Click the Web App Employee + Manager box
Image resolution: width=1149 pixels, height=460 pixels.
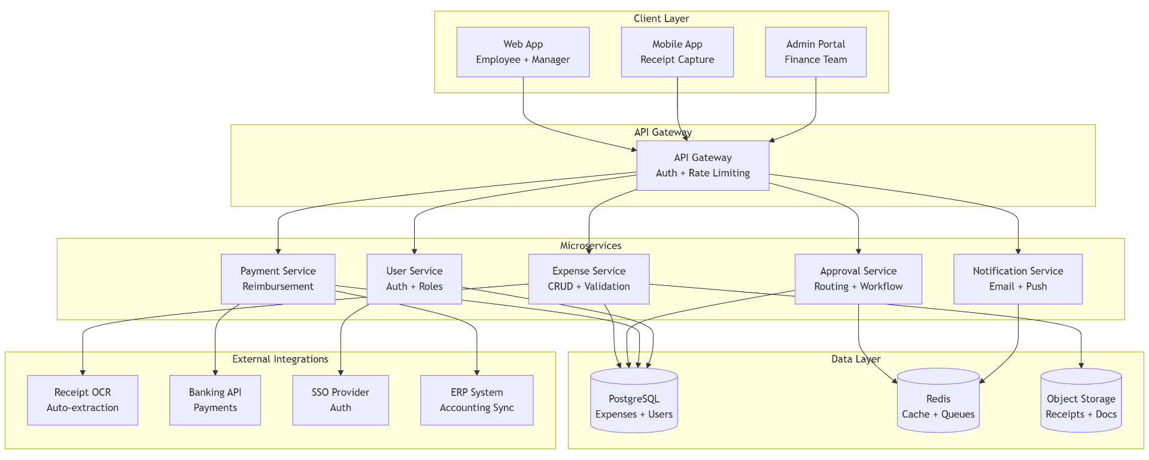coord(522,52)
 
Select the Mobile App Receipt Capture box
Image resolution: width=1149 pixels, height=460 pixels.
coord(677,52)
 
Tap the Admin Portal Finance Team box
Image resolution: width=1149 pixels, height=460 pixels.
coord(815,52)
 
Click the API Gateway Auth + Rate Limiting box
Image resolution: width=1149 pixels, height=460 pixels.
coord(703,166)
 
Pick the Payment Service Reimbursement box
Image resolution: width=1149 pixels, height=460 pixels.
coord(278,279)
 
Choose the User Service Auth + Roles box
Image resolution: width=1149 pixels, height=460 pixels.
coord(414,279)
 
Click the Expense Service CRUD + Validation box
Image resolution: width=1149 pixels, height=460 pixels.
coord(588,279)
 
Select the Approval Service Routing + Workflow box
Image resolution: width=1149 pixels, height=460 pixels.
coord(858,279)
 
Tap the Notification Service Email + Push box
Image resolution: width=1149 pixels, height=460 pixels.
coord(1017,279)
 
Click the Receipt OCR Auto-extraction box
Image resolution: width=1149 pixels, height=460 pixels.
coord(83,400)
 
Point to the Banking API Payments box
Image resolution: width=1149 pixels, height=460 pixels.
coord(215,400)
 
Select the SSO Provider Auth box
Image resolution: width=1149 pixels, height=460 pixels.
coord(341,400)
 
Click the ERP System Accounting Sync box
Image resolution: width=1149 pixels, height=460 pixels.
coord(476,400)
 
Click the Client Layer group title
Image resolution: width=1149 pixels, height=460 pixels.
coord(661,19)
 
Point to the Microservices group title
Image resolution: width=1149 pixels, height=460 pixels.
coord(591,246)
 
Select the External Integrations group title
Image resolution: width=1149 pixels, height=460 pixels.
coord(280,359)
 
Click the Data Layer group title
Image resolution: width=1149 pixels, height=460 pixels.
coord(856,359)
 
